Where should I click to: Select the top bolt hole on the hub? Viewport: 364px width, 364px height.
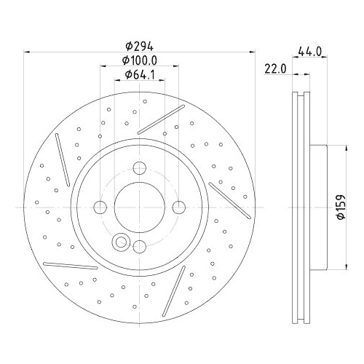coord(139,171)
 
